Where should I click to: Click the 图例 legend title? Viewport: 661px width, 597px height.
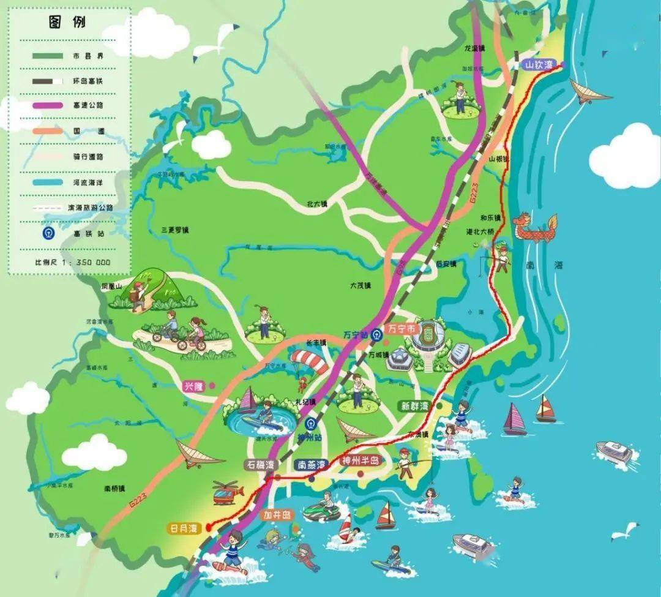[x=67, y=23]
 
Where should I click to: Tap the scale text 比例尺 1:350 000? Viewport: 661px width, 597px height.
[x=72, y=261]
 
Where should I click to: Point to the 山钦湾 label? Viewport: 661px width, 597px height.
[x=539, y=64]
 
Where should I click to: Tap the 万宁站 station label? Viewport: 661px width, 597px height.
[x=355, y=334]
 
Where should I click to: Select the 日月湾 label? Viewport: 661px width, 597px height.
[x=185, y=527]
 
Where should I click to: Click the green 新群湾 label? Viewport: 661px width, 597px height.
[x=414, y=405]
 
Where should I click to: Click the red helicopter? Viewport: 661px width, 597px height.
[x=228, y=492]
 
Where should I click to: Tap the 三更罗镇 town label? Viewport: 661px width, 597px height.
[x=175, y=230]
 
